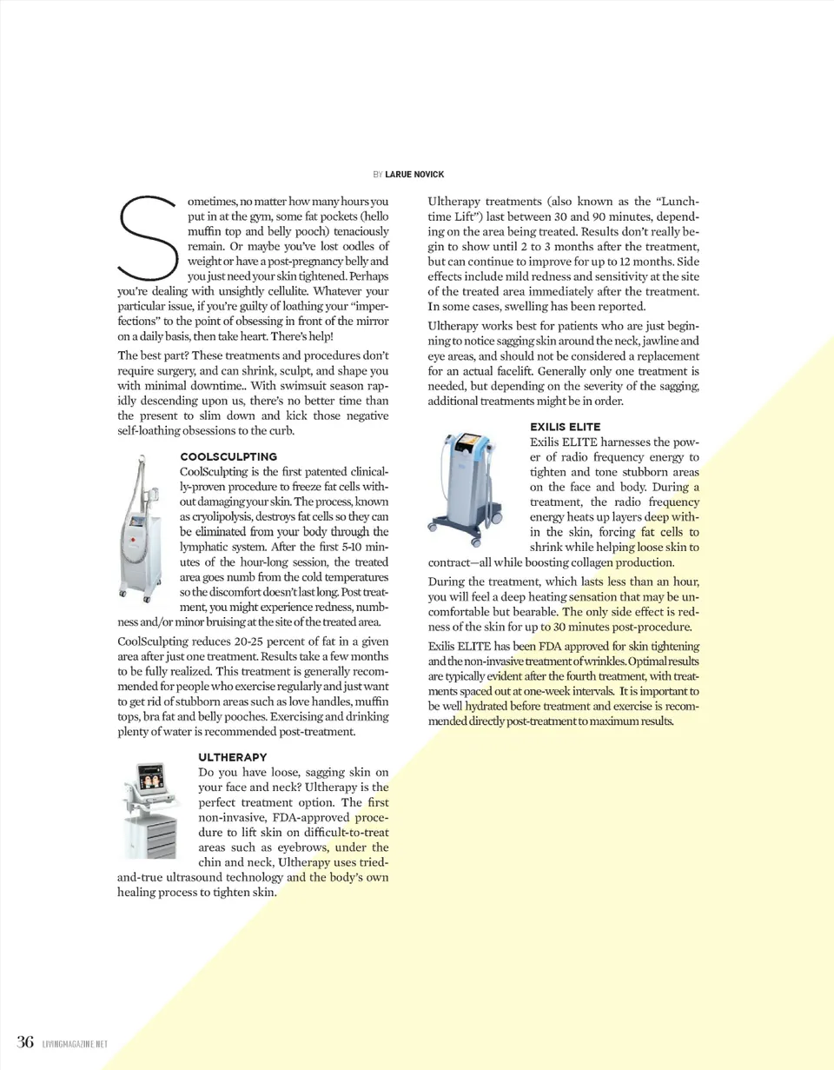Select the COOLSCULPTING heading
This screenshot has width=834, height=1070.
(228, 456)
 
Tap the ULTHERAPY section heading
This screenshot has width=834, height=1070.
(233, 757)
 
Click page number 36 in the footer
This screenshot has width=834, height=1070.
(25, 1041)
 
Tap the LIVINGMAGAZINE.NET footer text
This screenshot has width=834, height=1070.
(74, 1043)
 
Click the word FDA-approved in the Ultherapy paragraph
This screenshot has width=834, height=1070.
(312, 817)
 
